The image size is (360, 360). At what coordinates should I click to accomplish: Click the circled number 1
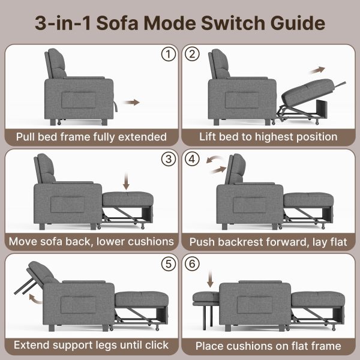[169, 54]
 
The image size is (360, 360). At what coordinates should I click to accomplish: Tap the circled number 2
[192, 54]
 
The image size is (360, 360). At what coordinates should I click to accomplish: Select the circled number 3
[169, 159]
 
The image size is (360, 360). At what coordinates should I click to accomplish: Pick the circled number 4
[192, 159]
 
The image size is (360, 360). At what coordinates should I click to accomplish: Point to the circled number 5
[169, 264]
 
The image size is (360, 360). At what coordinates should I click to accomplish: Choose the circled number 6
[192, 264]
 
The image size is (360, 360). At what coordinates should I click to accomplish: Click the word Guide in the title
[298, 23]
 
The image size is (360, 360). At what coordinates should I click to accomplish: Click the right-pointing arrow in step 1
[131, 102]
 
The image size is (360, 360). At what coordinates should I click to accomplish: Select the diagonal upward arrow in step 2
[317, 70]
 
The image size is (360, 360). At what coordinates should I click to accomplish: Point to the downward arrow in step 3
[126, 181]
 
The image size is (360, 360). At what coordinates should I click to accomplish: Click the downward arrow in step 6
[210, 279]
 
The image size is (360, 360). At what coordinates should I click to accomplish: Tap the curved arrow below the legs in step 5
[34, 299]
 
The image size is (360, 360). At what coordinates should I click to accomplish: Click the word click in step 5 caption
[157, 345]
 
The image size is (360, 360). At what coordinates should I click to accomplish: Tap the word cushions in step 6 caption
[251, 346]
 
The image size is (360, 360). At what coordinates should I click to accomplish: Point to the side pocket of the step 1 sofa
[79, 100]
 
